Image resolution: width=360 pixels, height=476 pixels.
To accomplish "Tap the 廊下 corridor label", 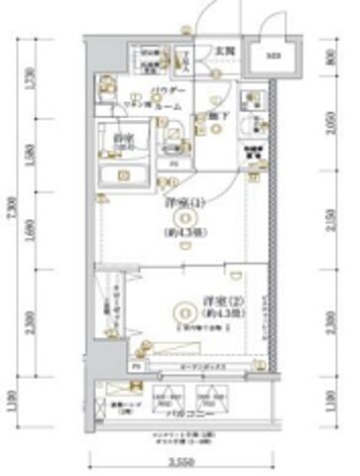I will point(225,115).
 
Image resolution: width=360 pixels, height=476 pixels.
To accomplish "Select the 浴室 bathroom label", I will point(123,138).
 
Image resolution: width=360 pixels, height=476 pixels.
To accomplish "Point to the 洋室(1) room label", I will point(181,204).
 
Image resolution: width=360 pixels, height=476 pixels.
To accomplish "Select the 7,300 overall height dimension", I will point(12,209).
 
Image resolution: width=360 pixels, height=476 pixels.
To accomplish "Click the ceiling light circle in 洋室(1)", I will point(181,222).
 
